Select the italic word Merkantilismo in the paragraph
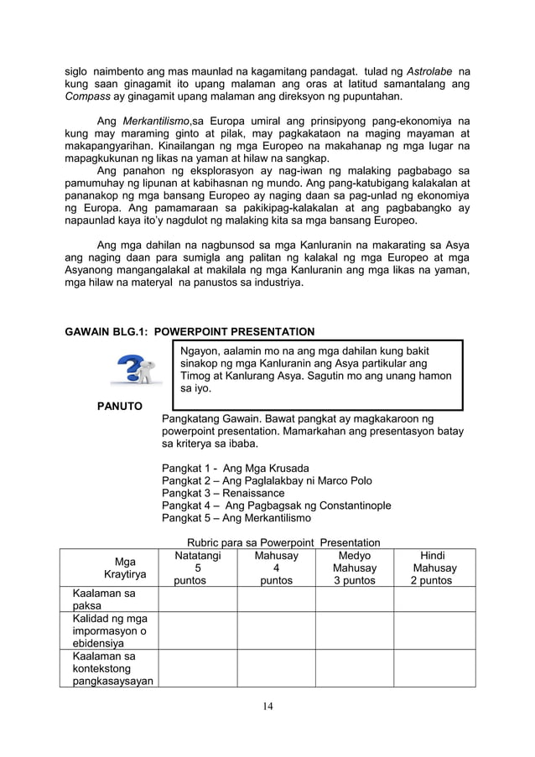point(155,121)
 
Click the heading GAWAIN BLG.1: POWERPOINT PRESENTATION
point(190,331)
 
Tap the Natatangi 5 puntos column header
point(197,568)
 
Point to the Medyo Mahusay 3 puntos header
point(353,568)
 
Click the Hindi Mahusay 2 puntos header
point(434,568)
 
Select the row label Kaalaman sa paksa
point(97,599)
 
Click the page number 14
point(267,706)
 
